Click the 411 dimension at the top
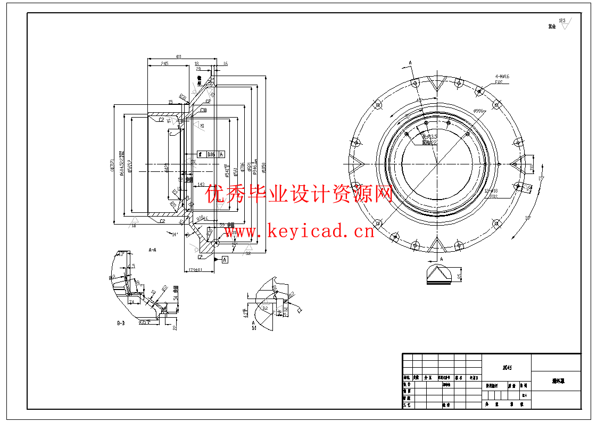coord(178,56)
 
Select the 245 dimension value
coord(164,64)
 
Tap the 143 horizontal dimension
coord(201,185)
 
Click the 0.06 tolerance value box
coord(211,154)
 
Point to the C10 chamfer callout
coord(203,110)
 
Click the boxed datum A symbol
coord(225,260)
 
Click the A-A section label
coord(152,249)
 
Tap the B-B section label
coord(121,323)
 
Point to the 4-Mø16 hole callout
coord(502,77)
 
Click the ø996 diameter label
coord(478,111)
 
